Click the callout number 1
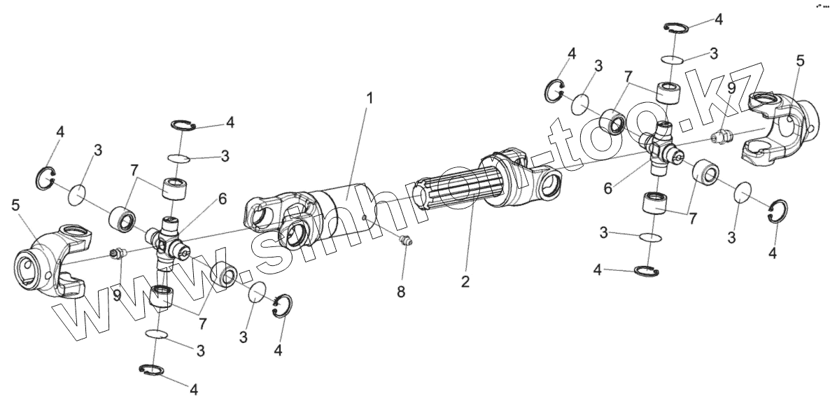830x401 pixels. click(x=370, y=97)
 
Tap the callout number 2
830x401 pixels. click(x=465, y=282)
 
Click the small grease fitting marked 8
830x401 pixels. click(x=404, y=242)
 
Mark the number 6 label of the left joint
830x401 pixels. click(x=222, y=199)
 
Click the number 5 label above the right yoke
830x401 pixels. click(x=800, y=61)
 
